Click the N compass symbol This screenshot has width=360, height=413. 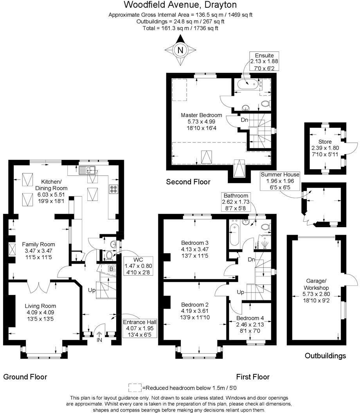180,50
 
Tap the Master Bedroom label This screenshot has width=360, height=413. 201,122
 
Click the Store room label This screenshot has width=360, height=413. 325,148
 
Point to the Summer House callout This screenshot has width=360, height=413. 280,181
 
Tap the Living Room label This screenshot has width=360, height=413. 40,312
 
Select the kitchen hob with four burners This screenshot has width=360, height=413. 114,189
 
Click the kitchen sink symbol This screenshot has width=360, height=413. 87,170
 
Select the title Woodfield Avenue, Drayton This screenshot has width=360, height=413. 180,5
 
